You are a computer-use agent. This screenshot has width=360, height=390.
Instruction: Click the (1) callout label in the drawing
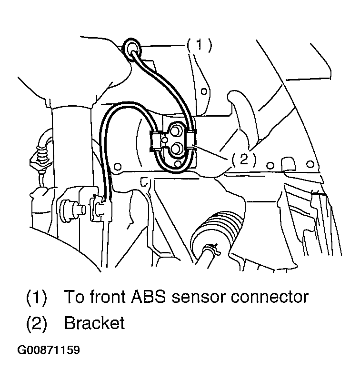[199, 45]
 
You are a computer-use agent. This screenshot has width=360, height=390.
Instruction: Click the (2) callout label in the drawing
[244, 160]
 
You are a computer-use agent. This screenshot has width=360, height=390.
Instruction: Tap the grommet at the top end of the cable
[132, 48]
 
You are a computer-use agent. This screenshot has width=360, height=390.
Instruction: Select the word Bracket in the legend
[94, 323]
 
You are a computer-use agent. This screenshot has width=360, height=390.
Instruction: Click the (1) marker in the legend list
[37, 298]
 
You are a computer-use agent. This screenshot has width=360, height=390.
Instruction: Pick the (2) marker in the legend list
[37, 323]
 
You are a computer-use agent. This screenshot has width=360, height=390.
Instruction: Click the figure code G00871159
[49, 350]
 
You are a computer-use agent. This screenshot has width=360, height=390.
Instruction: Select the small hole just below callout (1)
[203, 90]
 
